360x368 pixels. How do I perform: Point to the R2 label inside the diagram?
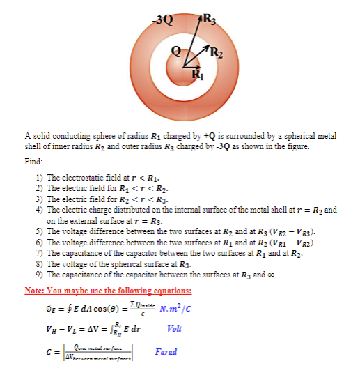[x=217, y=50]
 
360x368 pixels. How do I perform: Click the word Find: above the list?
[x=34, y=161]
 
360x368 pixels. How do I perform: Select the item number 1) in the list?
[x=40, y=178]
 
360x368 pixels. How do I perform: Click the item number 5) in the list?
[x=40, y=231]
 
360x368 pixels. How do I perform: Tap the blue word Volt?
[x=175, y=329]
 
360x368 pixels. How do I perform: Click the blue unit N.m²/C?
[x=178, y=309]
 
